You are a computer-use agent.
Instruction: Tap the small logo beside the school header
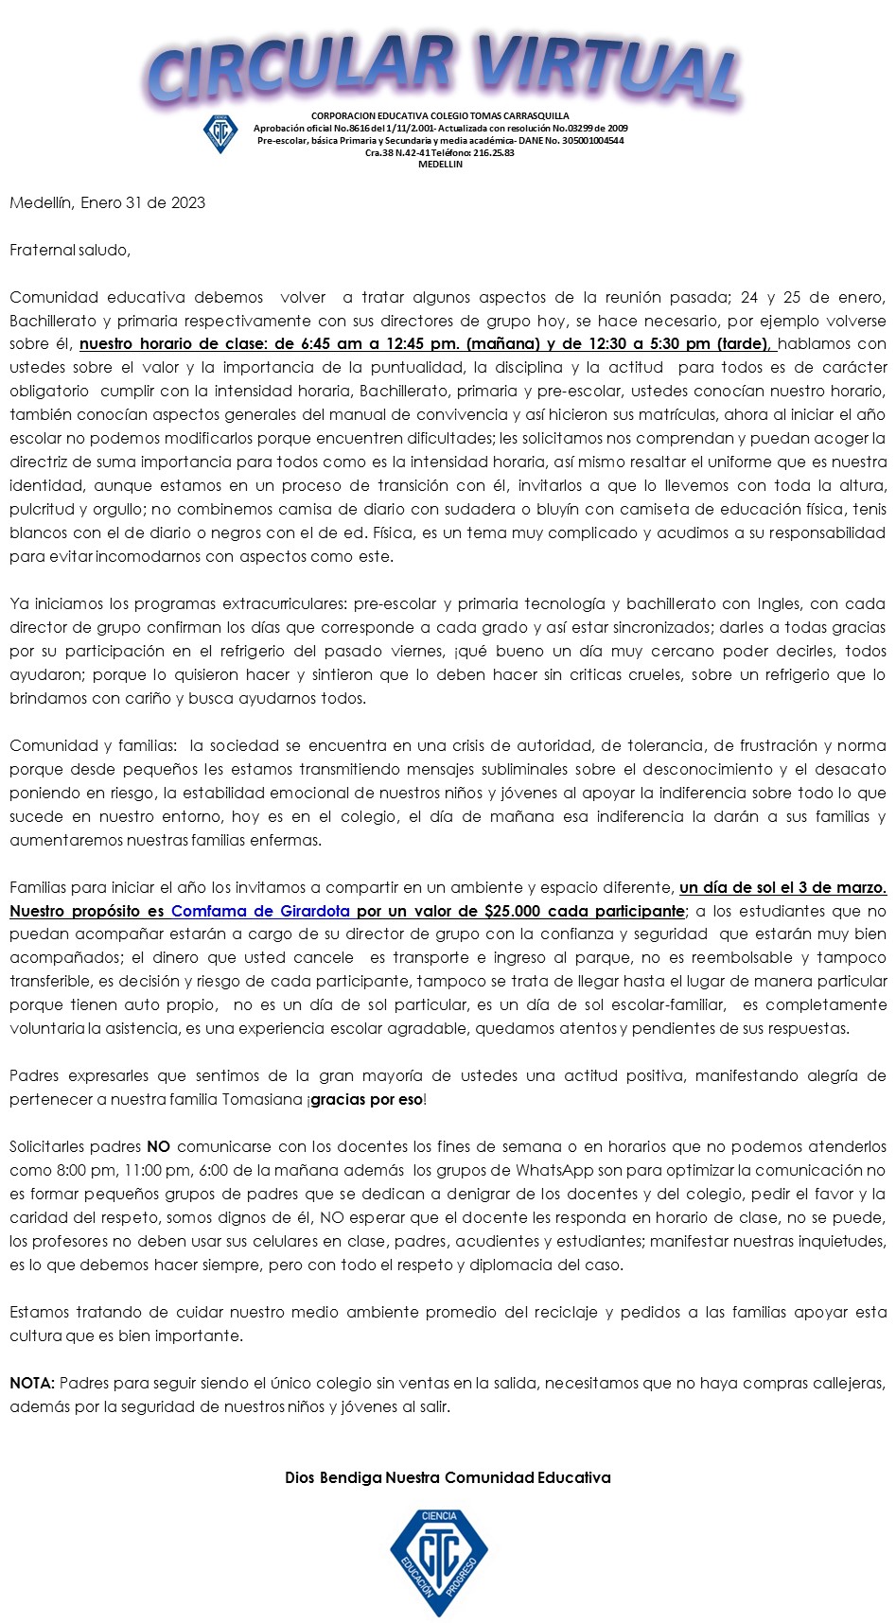pyautogui.click(x=220, y=132)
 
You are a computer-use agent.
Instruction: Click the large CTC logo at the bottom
pyautogui.click(x=439, y=1562)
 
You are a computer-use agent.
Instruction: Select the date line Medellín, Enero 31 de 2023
pyautogui.click(x=107, y=202)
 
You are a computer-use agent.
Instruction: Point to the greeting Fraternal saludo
pyautogui.click(x=70, y=250)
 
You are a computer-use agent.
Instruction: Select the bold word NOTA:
pyautogui.click(x=32, y=1383)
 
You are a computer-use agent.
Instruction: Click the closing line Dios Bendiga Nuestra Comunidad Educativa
pyautogui.click(x=448, y=1477)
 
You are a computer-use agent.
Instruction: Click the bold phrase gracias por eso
pyautogui.click(x=366, y=1099)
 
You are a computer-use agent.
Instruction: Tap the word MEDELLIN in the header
pyautogui.click(x=440, y=165)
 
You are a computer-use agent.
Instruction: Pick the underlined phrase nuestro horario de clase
pyautogui.click(x=174, y=343)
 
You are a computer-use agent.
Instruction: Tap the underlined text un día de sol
pyautogui.click(x=727, y=887)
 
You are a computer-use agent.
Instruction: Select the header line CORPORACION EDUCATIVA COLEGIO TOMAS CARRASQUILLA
pyautogui.click(x=440, y=116)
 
